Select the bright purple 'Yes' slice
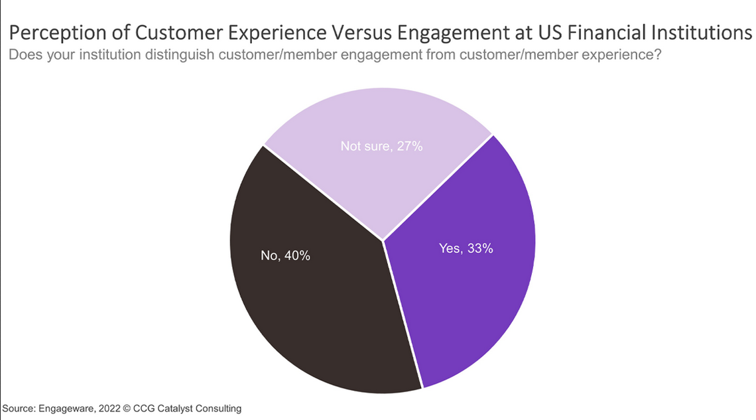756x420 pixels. [464, 292]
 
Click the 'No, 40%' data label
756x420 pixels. [285, 255]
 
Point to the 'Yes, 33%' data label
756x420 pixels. [466, 249]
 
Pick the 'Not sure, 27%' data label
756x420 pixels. [382, 147]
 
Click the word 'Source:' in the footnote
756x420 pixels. [18, 409]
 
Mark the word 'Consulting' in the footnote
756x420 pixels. [218, 409]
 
